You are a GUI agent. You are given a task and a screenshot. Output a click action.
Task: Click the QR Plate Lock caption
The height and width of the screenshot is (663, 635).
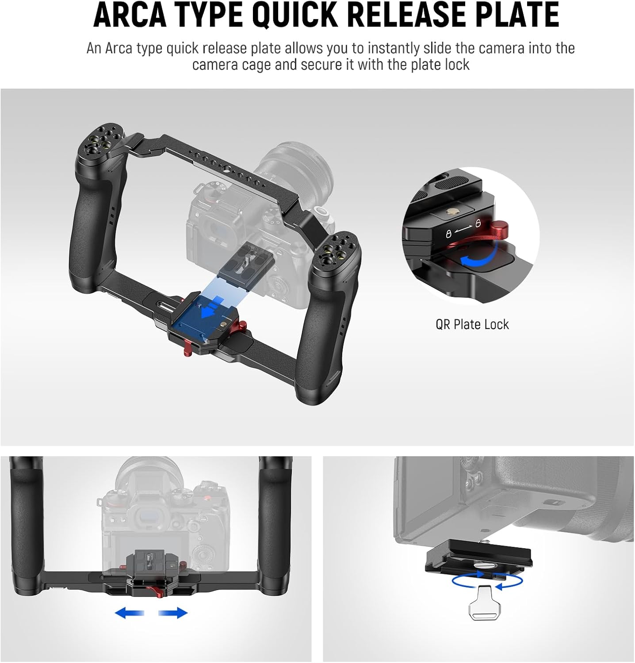(472, 324)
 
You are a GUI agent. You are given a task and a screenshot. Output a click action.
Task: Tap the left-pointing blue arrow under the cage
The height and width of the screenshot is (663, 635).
(129, 613)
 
